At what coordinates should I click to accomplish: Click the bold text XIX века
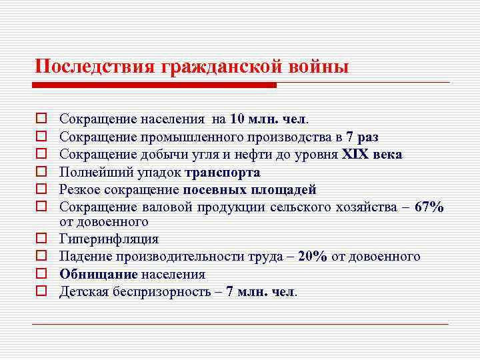point(372,154)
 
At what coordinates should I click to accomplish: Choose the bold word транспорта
point(223,171)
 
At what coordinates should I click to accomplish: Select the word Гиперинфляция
point(109,239)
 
